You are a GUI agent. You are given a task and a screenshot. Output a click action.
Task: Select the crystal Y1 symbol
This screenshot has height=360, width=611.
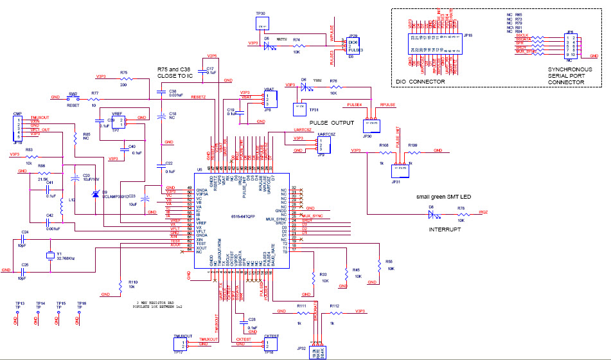tap(51, 255)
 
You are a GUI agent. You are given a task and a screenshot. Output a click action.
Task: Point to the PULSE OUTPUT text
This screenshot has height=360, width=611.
tap(332, 122)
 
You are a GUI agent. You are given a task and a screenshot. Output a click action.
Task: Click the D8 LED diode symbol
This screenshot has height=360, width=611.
tap(431, 215)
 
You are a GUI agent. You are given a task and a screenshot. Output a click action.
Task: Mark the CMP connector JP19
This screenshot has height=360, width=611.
tap(18, 129)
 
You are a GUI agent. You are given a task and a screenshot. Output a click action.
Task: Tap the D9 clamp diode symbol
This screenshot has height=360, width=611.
tap(96, 194)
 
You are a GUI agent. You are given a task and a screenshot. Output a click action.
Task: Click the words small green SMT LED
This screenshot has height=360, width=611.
tap(443, 196)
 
